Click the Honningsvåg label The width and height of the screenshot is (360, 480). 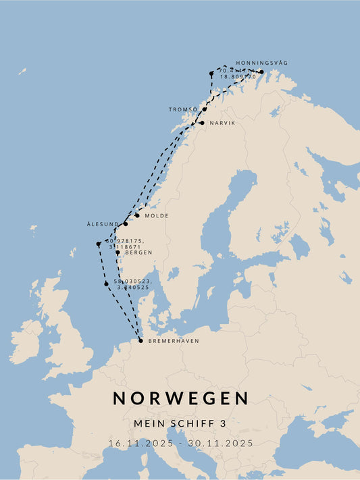tap(262, 63)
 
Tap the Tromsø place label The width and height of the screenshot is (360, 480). tap(183, 109)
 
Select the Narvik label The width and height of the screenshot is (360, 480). tap(222, 123)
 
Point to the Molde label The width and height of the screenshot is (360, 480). tap(156, 215)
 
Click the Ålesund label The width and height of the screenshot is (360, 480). tap(103, 224)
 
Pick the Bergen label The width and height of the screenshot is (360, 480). tap(138, 252)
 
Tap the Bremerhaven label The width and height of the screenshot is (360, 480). tap(174, 341)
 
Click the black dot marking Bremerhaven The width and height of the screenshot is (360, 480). tap(140, 340)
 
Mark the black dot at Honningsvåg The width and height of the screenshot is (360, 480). tap(261, 72)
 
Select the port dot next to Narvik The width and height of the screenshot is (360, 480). tap(201, 123)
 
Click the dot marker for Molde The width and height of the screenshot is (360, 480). tap(137, 215)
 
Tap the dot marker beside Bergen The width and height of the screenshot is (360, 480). tap(118, 252)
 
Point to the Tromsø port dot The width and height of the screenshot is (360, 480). tap(204, 109)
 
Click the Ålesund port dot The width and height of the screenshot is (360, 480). tap(125, 223)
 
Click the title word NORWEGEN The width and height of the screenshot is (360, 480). tap(180, 398)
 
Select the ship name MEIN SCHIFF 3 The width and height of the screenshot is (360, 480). tap(180, 423)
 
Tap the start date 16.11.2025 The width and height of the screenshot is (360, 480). tap(140, 444)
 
